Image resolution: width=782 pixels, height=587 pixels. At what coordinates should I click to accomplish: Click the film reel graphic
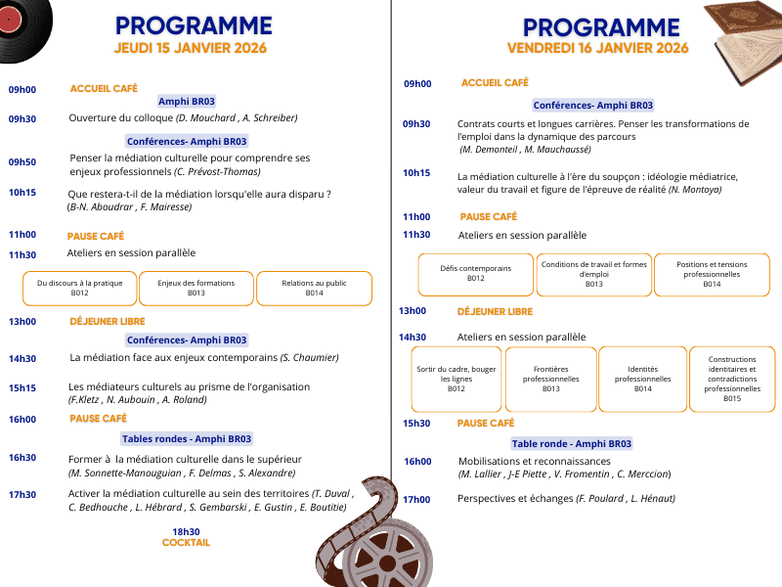coord(386,538)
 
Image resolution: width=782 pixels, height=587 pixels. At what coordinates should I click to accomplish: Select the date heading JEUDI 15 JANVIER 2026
coord(191,48)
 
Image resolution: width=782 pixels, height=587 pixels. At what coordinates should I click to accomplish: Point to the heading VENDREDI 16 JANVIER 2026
coord(597,48)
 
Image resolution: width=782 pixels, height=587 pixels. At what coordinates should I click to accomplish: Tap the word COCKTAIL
coord(186,542)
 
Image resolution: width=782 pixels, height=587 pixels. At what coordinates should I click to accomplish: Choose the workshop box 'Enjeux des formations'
coord(195,288)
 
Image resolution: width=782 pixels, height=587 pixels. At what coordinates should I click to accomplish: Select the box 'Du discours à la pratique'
coord(80,288)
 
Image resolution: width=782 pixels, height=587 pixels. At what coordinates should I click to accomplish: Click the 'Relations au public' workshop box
coord(314,288)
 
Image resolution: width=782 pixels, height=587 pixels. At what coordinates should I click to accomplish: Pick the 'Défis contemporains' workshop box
coord(476,273)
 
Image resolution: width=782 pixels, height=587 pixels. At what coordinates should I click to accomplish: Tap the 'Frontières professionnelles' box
coord(550,379)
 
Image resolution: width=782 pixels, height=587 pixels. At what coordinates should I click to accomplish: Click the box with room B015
coord(732,379)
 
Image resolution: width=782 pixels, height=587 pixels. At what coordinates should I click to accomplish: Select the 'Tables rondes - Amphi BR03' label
coord(187,439)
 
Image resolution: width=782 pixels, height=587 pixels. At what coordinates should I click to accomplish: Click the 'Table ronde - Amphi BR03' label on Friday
coord(572,443)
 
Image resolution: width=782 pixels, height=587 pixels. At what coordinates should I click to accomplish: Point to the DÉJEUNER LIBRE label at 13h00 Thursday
coord(107,321)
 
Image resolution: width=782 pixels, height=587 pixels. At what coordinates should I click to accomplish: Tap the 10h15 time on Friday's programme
coord(416,173)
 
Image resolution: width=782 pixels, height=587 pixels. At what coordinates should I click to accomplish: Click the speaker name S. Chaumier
coord(315,359)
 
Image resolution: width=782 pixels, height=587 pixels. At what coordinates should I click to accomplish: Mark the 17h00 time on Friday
coord(416,499)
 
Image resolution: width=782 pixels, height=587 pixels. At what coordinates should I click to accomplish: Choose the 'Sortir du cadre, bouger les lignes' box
coord(456,379)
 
